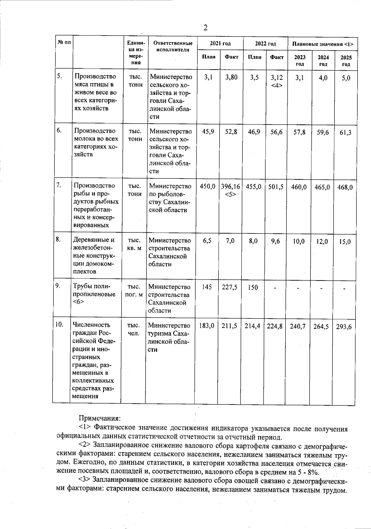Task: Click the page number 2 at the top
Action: [205, 28]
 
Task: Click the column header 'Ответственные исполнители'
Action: [173, 46]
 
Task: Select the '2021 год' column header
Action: [220, 44]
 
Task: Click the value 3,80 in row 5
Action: [231, 78]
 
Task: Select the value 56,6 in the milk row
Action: [276, 132]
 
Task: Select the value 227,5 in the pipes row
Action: [229, 287]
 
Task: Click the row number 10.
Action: [59, 324]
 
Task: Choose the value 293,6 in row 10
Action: [344, 327]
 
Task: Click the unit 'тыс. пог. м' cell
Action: [134, 291]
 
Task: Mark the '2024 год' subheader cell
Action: [323, 61]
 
